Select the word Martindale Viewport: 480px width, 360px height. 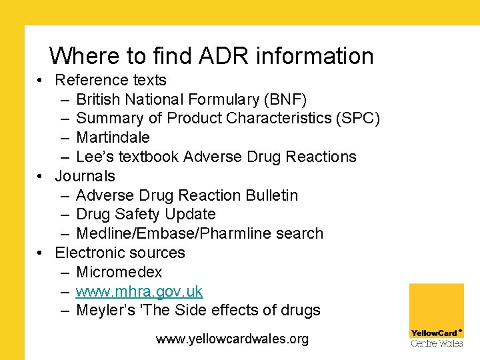point(113,137)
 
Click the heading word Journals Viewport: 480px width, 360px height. point(85,176)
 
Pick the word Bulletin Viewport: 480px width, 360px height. point(271,195)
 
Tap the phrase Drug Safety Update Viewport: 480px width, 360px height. point(146,214)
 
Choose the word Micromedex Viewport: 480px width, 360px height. point(119,272)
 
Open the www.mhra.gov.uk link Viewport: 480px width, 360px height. point(139,291)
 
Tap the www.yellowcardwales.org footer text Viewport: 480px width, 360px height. point(232,339)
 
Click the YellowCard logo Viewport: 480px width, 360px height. point(436,315)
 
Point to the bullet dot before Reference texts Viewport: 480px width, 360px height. point(41,81)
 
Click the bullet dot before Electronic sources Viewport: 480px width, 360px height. point(41,253)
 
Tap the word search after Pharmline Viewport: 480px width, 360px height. point(302,233)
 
